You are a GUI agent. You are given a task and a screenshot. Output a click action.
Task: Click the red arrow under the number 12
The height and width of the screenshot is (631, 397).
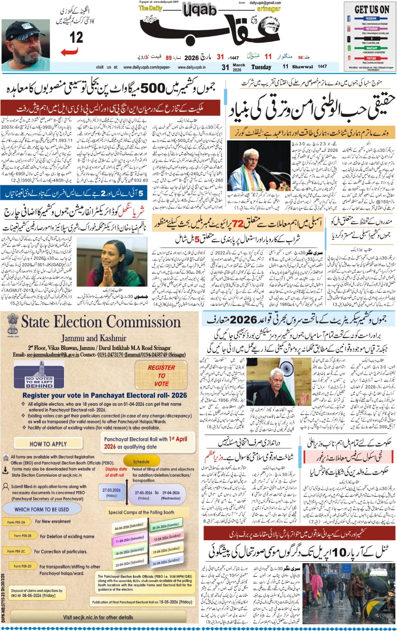click(x=69, y=52)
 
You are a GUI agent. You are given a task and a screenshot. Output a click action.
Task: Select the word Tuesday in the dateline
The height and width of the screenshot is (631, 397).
click(x=261, y=67)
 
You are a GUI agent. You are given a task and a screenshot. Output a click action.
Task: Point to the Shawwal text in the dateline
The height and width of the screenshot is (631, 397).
click(x=303, y=67)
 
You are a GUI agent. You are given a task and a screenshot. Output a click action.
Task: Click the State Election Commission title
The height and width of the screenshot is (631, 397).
click(x=101, y=322)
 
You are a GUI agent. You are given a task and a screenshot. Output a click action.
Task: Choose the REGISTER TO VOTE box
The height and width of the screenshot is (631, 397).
click(x=161, y=375)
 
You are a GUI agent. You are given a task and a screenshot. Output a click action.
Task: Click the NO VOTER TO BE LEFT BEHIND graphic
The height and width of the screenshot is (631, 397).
click(x=39, y=377)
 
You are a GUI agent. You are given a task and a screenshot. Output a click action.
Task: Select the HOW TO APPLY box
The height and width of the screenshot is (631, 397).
click(x=48, y=444)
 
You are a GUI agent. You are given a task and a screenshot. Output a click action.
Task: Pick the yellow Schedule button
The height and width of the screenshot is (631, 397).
click(x=141, y=461)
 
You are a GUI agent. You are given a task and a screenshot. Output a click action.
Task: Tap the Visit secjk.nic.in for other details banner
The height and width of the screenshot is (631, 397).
click(x=98, y=617)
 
